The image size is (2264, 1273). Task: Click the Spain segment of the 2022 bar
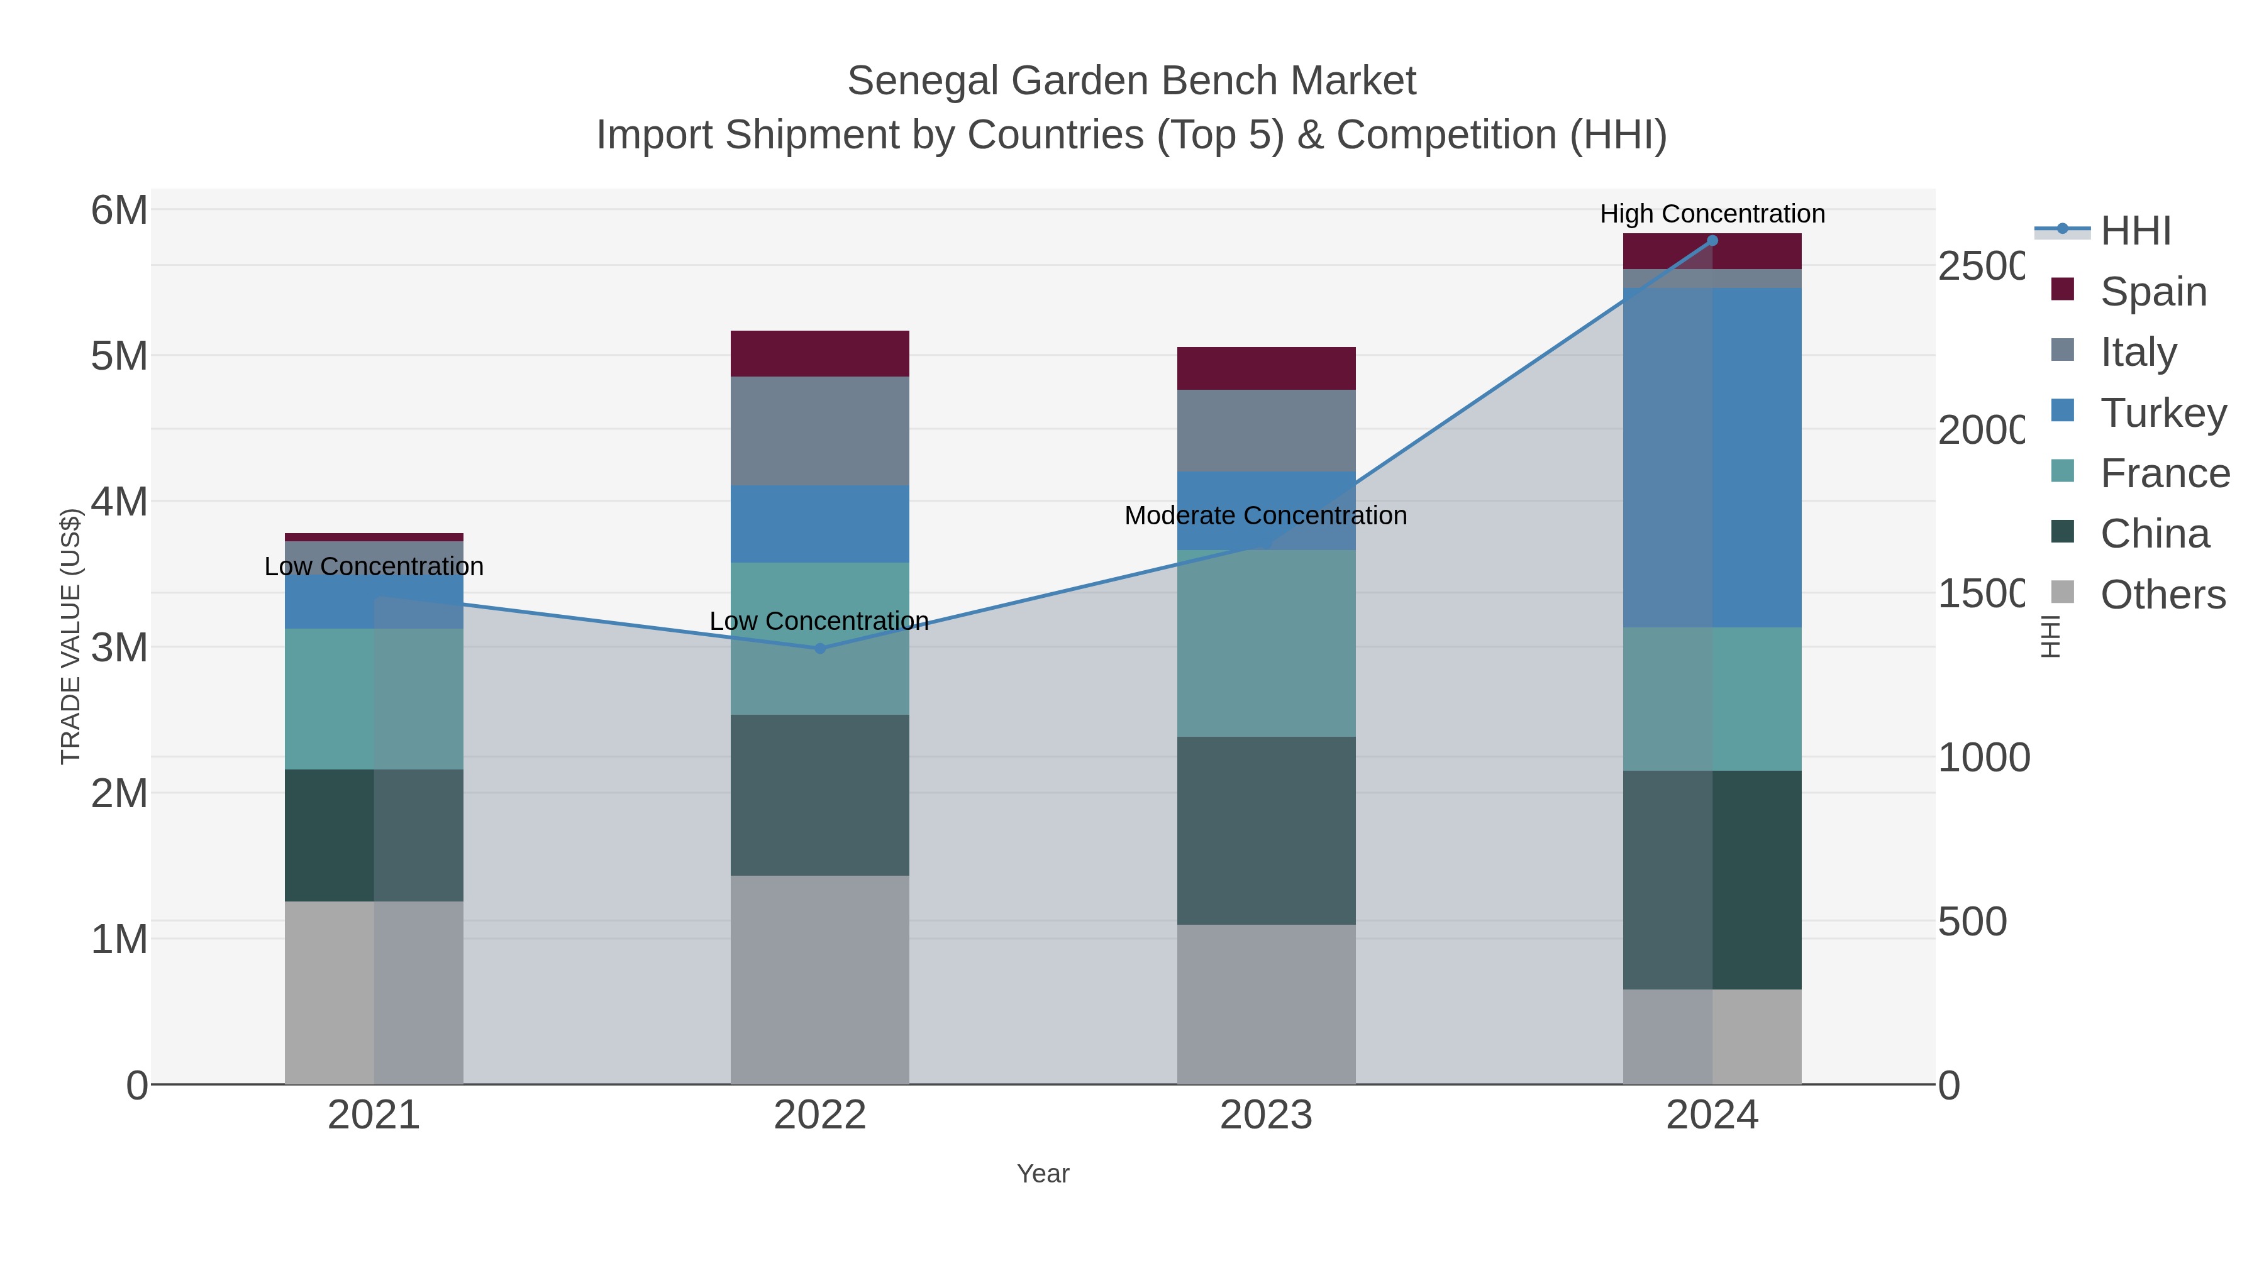pos(819,353)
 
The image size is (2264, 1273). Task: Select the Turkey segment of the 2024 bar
pos(1712,457)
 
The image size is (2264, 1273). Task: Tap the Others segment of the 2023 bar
pos(1265,1003)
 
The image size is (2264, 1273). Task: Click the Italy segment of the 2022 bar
pos(819,431)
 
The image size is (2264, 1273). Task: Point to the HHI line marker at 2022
pos(819,648)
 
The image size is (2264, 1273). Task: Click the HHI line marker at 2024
pos(1712,240)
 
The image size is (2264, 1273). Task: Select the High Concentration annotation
pos(1712,214)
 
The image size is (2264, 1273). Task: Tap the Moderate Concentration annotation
pos(1265,515)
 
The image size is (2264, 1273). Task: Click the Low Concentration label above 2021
pos(374,566)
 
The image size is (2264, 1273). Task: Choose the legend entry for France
pos(2164,473)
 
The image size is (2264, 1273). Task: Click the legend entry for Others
pos(2162,595)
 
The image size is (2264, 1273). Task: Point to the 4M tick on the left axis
pos(119,502)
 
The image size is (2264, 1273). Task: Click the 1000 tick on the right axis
pos(1983,758)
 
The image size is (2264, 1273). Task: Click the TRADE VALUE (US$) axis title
pos(70,636)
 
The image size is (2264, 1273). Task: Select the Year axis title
pos(1042,1174)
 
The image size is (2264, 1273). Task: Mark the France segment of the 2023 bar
pos(1265,643)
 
